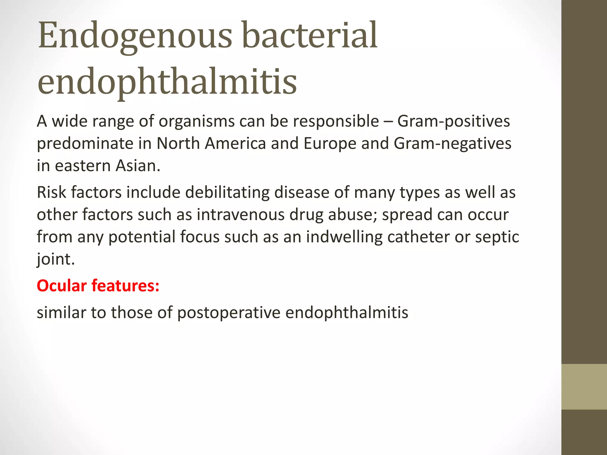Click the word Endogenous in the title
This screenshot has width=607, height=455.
click(135, 36)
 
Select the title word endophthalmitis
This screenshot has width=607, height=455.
click(167, 82)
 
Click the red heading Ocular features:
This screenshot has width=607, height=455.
click(98, 286)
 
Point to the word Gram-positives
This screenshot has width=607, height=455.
click(453, 121)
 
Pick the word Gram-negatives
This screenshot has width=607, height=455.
click(453, 144)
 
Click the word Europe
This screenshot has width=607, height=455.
click(330, 143)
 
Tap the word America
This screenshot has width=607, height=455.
click(235, 143)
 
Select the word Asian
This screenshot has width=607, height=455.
click(138, 166)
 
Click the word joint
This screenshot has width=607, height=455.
click(55, 259)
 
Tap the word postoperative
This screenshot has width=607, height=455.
click(229, 313)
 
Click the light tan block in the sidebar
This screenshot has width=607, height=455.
click(584, 387)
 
